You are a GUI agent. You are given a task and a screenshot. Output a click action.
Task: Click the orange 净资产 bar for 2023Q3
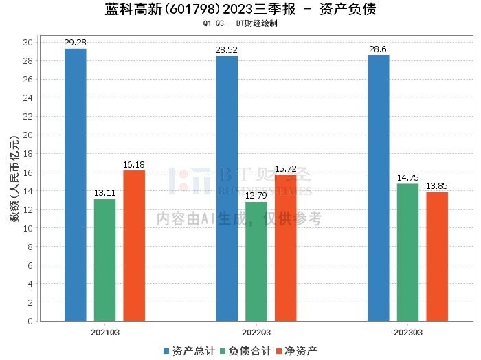437,256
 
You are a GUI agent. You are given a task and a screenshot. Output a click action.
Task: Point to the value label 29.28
76,43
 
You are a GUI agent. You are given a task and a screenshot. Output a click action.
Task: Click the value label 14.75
407,178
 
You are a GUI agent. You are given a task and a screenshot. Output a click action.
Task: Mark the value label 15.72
286,169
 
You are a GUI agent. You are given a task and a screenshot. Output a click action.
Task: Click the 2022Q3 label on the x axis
256,332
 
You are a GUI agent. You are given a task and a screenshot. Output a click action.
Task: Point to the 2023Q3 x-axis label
407,332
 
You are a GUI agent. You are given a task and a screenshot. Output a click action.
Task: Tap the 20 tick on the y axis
28,135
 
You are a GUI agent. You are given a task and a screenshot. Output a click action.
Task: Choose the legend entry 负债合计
245,350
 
